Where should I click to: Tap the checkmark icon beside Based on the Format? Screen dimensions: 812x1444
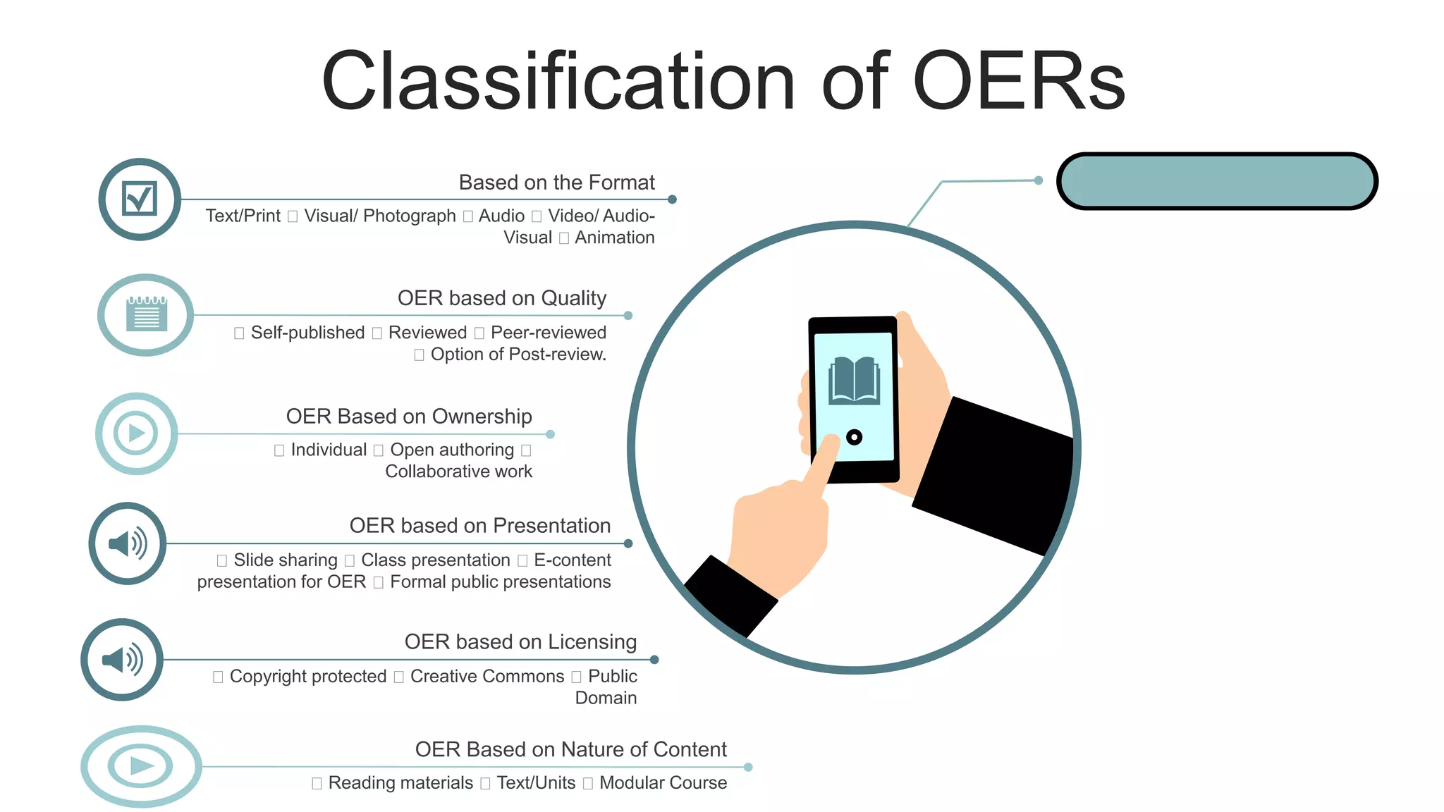point(140,199)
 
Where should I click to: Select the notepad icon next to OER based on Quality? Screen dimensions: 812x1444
point(146,314)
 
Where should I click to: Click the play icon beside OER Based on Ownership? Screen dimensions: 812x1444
point(136,433)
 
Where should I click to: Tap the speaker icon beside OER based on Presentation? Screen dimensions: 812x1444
point(128,543)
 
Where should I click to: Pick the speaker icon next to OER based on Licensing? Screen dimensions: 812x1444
point(122,660)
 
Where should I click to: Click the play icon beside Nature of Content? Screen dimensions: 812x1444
point(141,766)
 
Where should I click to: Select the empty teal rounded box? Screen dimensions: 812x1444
point(1217,181)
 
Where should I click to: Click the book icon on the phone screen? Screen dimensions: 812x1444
point(854,381)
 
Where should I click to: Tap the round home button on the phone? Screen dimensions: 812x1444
point(854,438)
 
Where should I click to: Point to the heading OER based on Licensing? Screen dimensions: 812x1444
point(520,641)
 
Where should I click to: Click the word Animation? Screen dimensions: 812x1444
point(614,238)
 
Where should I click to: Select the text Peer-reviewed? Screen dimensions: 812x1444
point(548,332)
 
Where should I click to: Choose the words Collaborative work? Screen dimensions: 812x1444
point(458,472)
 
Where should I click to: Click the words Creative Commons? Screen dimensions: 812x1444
point(487,676)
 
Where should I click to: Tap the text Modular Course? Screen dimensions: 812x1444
point(662,782)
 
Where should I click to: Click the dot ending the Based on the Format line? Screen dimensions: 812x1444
point(672,199)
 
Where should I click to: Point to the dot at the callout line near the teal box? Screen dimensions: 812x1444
point(1038,180)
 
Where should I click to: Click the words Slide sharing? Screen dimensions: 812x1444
point(285,560)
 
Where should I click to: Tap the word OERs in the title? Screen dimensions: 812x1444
point(1019,82)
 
